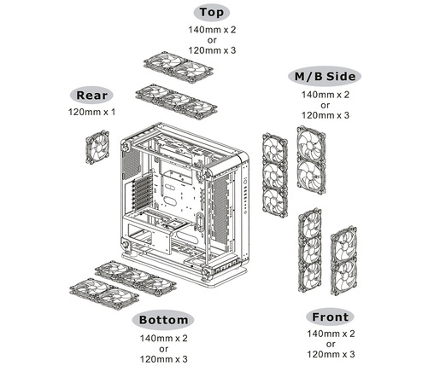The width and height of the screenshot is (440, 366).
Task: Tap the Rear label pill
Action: point(91,96)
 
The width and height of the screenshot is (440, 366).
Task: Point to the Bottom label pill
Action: point(162,320)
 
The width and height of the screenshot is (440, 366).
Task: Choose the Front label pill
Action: point(328,317)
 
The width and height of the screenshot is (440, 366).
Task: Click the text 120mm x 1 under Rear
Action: point(91,112)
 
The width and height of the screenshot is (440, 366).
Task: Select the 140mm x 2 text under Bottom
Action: point(162,338)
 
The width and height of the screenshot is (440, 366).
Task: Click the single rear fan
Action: point(98,146)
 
